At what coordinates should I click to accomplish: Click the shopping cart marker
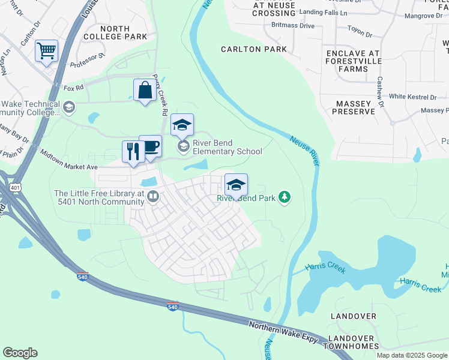[46, 51]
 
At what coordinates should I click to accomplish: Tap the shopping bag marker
[145, 91]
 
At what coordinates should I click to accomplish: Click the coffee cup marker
[151, 146]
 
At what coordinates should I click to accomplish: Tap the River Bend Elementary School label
[228, 147]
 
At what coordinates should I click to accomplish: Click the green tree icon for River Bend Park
[285, 197]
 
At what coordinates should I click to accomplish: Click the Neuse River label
[304, 151]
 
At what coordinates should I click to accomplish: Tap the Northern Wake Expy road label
[283, 332]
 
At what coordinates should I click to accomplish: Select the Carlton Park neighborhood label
[254, 49]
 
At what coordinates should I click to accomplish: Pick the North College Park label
[123, 32]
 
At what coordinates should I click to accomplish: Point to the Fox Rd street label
[73, 88]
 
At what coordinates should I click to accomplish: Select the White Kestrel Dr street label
[413, 97]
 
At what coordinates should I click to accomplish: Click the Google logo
[20, 353]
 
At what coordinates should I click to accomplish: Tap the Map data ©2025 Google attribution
[412, 355]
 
